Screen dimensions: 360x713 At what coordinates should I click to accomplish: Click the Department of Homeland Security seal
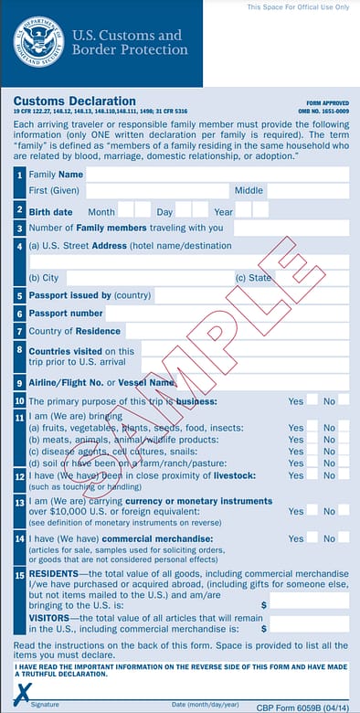click(x=38, y=43)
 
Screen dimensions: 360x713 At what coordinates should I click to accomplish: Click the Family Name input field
click(x=217, y=174)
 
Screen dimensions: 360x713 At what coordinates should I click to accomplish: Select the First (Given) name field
click(x=156, y=191)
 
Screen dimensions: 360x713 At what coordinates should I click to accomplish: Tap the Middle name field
click(x=308, y=191)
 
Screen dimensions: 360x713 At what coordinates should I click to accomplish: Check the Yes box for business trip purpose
click(x=312, y=400)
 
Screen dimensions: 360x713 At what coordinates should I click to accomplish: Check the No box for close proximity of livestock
click(x=344, y=475)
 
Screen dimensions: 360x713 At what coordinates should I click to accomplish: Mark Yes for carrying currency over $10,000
click(x=312, y=511)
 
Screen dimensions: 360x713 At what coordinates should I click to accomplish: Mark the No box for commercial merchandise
click(x=344, y=538)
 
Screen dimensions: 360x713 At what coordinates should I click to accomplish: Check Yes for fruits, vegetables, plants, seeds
click(x=312, y=427)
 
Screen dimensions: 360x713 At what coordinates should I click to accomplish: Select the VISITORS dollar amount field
click(x=309, y=628)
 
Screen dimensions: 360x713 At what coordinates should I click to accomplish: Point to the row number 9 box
click(x=19, y=383)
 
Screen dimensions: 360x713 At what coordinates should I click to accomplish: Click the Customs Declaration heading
click(x=75, y=101)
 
